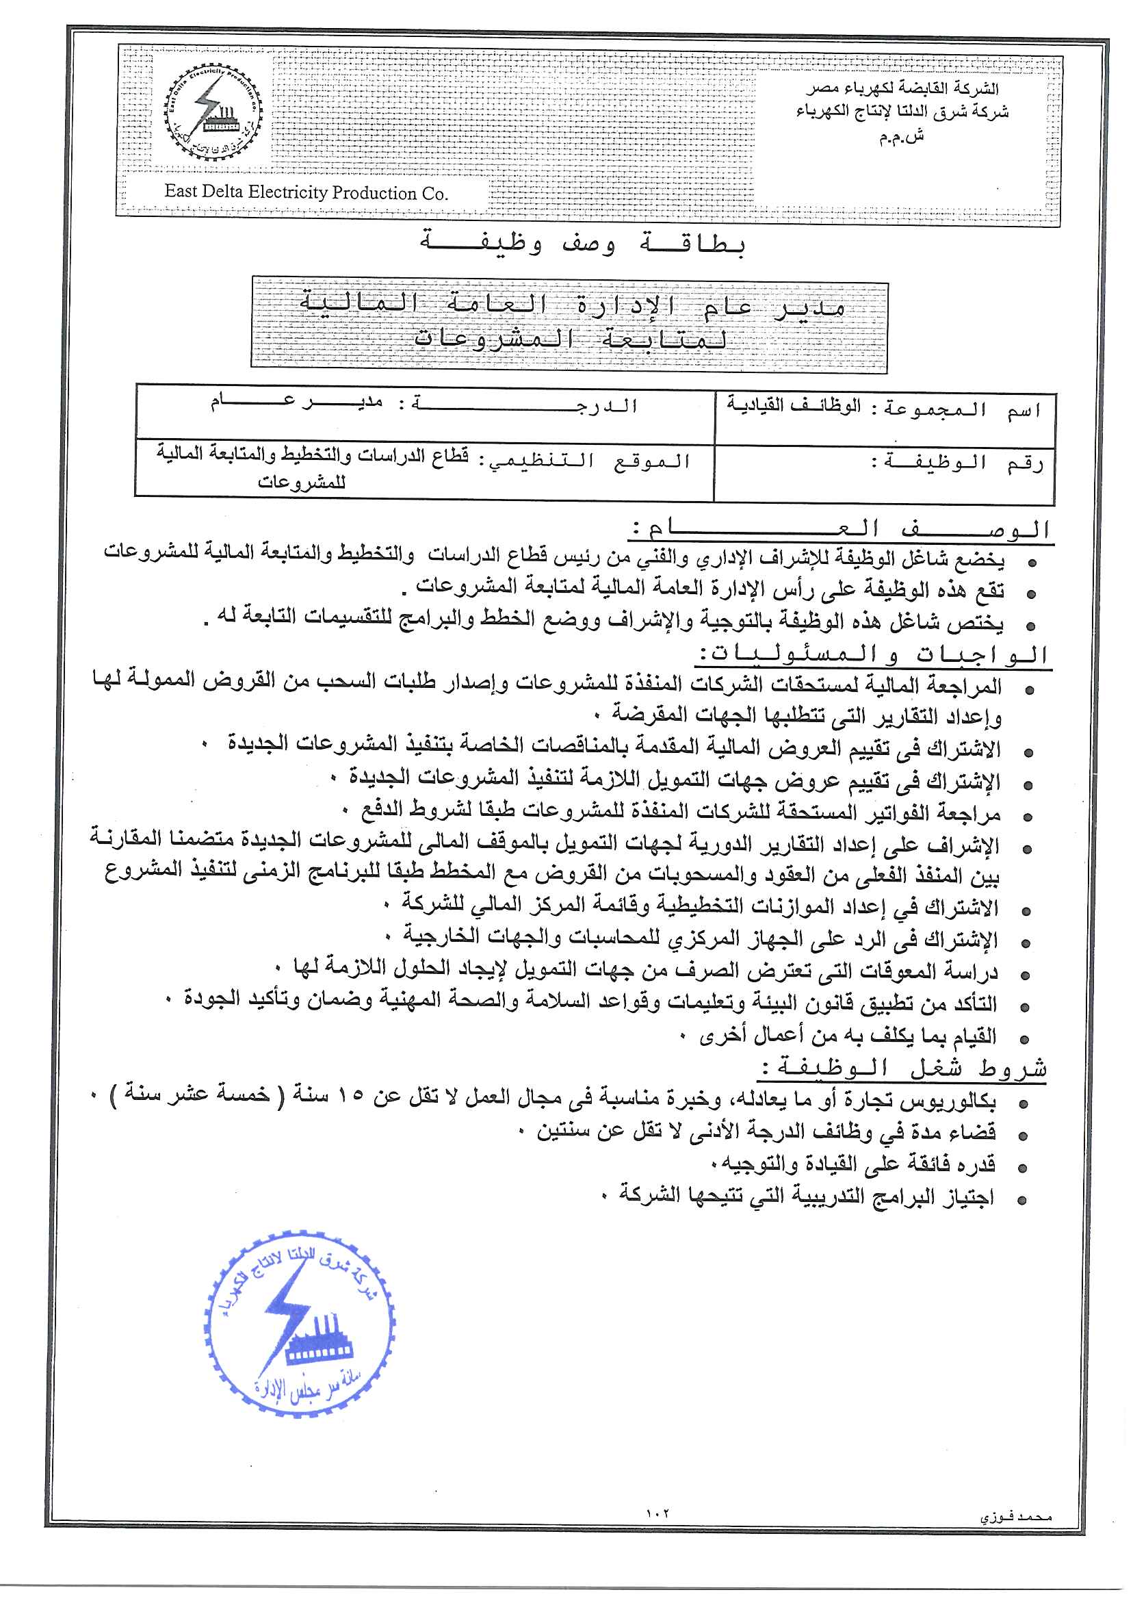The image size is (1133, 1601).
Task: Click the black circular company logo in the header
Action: [x=213, y=114]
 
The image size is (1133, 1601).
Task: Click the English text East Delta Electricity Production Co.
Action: [x=306, y=192]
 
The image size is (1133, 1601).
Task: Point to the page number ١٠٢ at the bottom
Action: [x=657, y=1514]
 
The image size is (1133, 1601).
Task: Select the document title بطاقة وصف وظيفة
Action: [x=582, y=244]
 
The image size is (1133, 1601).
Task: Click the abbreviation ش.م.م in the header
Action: [x=901, y=138]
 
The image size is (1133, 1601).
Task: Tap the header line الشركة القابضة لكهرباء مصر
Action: [x=902, y=88]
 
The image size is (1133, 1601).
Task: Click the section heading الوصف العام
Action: [x=841, y=529]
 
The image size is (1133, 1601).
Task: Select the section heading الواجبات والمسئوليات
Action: [x=873, y=654]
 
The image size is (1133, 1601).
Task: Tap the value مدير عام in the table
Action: [x=296, y=402]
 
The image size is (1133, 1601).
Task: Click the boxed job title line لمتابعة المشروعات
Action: [x=570, y=340]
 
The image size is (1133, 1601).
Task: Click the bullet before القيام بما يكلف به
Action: [x=1024, y=1040]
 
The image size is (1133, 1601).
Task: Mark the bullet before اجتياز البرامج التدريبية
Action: [x=1022, y=1201]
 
